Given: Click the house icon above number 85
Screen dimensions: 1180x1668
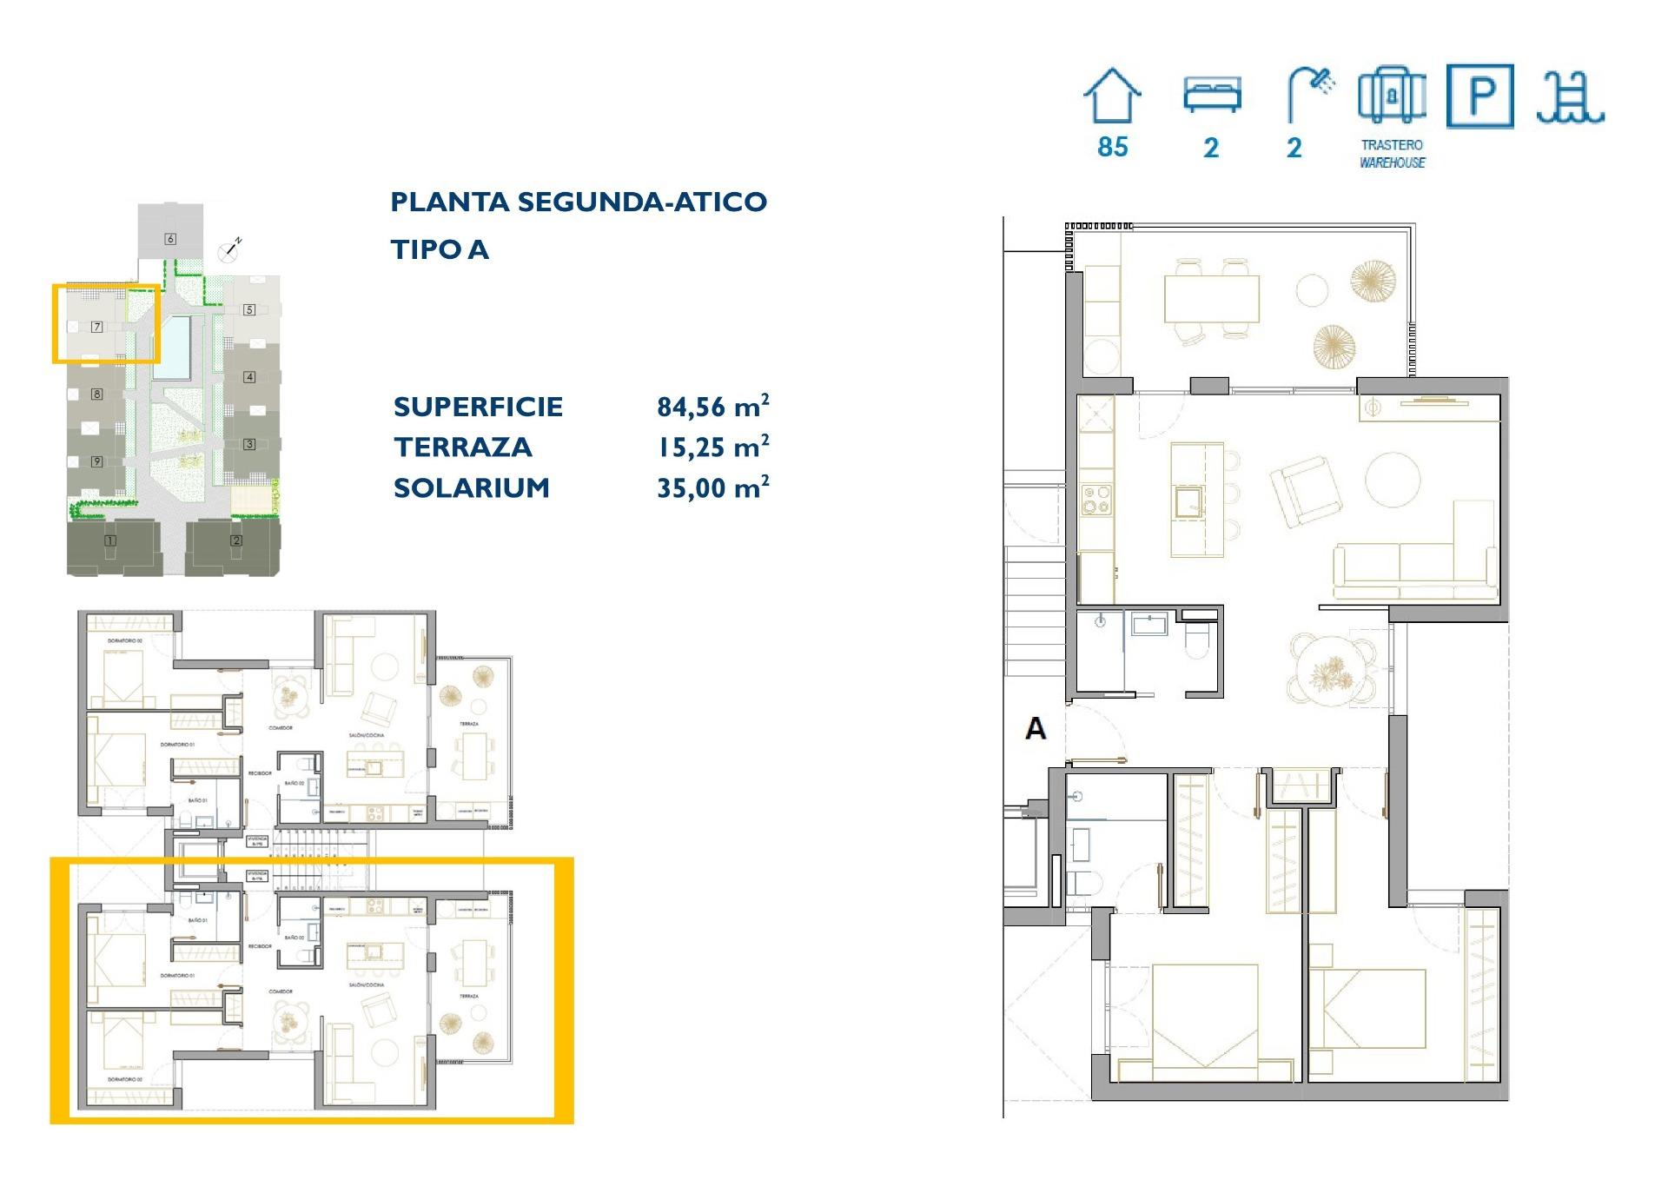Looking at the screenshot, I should click(1112, 96).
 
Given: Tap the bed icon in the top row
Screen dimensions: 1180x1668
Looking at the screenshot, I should click(1212, 95).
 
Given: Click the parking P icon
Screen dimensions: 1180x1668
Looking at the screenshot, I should click(1480, 96).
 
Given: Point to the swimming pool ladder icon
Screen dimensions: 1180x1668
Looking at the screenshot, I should click(1570, 97).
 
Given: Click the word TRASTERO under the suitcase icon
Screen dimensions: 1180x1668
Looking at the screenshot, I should click(1392, 145).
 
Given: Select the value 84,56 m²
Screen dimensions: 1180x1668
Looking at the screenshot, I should click(712, 407).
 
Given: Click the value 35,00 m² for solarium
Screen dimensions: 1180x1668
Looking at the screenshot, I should click(712, 487).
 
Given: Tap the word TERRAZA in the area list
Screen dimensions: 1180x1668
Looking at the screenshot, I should click(462, 447).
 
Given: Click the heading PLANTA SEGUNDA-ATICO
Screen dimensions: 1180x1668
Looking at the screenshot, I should click(579, 202).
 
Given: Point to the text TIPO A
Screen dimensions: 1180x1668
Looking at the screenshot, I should click(440, 249).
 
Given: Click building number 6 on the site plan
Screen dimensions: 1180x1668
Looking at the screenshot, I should click(170, 239).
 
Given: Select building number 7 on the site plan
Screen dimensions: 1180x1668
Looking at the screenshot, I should click(97, 327).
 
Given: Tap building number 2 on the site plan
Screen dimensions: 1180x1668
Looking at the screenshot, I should click(236, 540).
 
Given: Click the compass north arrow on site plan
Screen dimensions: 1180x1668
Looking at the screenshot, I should click(230, 250).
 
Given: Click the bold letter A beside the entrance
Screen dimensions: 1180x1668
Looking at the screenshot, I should click(1035, 728).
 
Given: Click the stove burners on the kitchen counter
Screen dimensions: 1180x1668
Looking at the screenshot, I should click(1095, 500).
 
